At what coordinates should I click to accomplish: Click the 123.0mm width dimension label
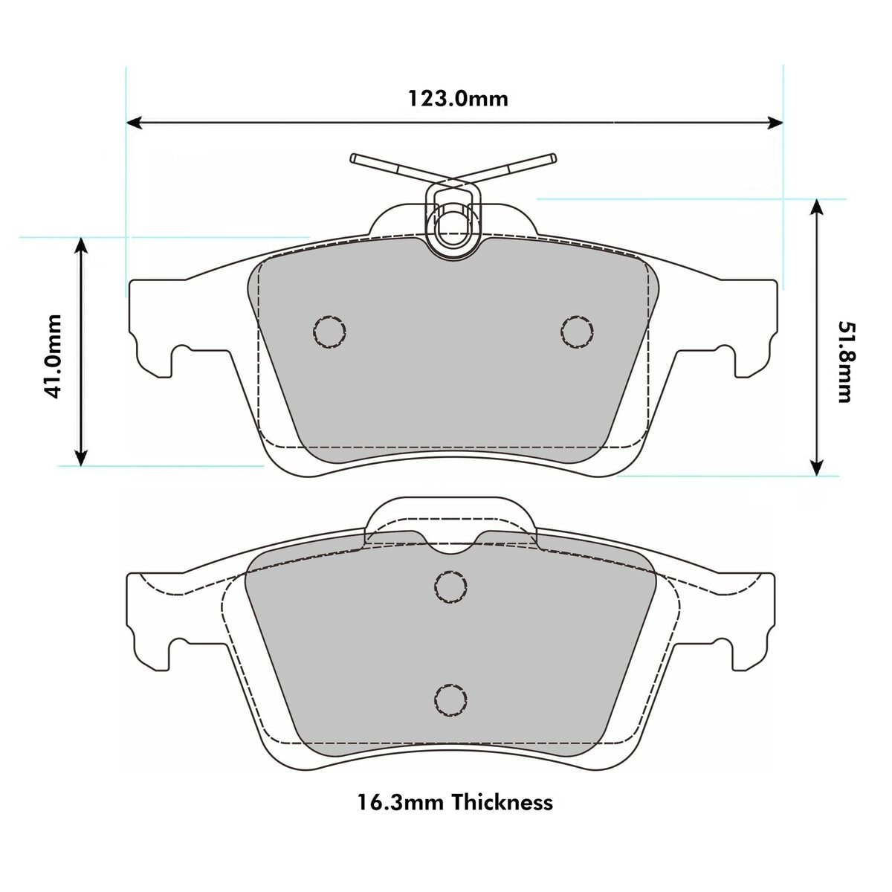click(457, 99)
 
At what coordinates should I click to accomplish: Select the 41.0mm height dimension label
click(53, 357)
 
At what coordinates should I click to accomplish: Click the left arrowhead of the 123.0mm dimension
click(135, 122)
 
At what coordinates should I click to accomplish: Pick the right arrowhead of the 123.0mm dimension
click(775, 122)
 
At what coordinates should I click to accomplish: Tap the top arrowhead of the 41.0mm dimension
click(82, 245)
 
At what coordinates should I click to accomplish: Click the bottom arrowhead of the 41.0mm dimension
click(82, 457)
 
